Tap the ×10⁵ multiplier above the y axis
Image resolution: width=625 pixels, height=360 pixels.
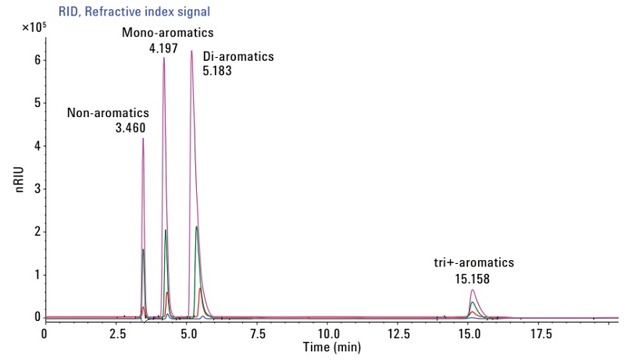click(x=34, y=28)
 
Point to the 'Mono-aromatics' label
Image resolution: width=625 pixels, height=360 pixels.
click(x=167, y=33)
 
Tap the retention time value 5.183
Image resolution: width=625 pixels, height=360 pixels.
click(x=216, y=70)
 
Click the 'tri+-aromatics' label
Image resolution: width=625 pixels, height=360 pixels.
click(x=474, y=262)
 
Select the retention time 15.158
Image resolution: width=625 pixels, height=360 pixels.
click(x=473, y=276)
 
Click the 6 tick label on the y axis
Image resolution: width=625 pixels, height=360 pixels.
click(x=36, y=61)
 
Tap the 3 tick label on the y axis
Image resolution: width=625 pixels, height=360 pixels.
click(x=36, y=189)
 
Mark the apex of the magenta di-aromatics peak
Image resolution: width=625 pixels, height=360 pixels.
click(x=191, y=51)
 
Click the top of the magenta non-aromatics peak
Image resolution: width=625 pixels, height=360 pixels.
click(x=143, y=138)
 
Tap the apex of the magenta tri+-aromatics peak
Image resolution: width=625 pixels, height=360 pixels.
click(x=473, y=290)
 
